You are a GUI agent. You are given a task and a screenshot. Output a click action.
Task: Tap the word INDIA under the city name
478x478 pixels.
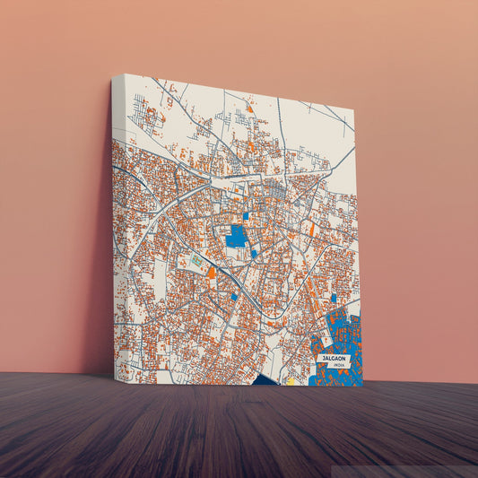(x=337, y=366)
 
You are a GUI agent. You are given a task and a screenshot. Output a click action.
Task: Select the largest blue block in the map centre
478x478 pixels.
(x=237, y=237)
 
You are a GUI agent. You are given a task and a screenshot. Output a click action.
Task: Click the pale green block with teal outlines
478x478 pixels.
(x=196, y=260)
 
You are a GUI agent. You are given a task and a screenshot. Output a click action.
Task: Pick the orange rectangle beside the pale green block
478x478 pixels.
(x=212, y=272)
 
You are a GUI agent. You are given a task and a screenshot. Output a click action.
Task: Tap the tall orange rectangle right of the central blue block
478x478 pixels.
(x=311, y=230)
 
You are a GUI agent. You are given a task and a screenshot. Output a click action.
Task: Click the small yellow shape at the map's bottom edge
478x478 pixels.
(x=290, y=380)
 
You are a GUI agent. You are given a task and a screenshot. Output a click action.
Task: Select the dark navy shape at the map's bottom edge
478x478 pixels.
(x=267, y=381)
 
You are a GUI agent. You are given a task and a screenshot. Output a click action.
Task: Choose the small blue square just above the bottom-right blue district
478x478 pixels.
(x=333, y=298)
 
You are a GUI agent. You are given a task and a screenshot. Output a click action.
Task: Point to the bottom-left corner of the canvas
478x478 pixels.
(x=117, y=378)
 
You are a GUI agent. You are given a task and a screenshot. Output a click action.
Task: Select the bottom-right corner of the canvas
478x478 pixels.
(x=362, y=387)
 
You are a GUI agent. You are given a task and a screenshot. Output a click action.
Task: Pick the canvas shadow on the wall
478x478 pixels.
(x=99, y=296)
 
